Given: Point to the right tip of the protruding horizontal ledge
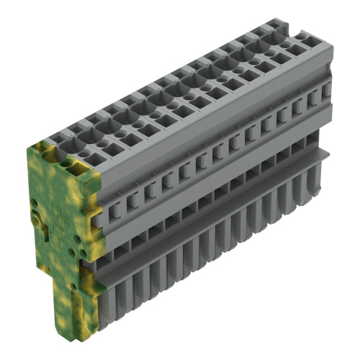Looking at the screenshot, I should (x=328, y=152).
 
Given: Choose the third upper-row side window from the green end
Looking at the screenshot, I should (x=150, y=189).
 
